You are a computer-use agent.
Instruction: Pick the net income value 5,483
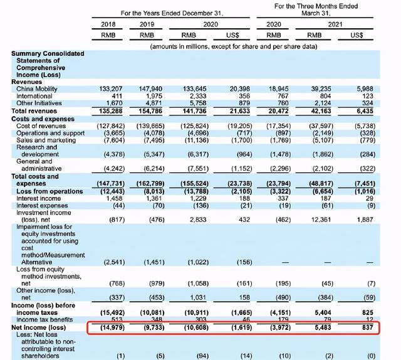point(331,326)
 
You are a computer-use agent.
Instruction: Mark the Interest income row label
point(36,198)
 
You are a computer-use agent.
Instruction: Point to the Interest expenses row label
point(39,206)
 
